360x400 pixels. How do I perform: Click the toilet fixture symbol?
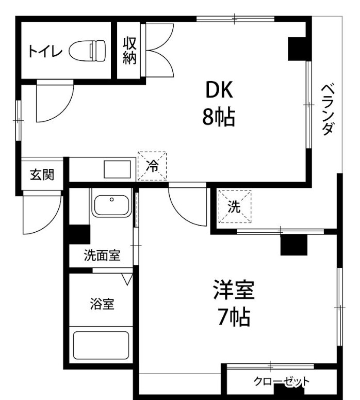coord(87,51)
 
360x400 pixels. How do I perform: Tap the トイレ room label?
coord(45,51)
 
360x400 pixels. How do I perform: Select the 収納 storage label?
coord(130,51)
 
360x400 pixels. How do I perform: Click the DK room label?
coord(219,89)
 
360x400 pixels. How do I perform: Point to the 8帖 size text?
coord(219,117)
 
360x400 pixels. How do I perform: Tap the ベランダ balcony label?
coord(328,109)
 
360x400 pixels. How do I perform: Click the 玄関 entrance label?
coord(42,175)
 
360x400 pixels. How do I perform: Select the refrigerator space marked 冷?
coord(152,166)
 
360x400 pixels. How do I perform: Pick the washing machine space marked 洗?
coord(235,206)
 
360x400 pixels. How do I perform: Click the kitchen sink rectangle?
coord(117,169)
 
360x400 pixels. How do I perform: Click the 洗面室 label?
coord(102,255)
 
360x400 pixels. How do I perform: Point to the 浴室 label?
coord(102,303)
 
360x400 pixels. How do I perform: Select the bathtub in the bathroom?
coord(101,345)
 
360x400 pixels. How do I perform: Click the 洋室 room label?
coord(234,290)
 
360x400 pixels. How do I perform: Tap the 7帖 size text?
coord(234,317)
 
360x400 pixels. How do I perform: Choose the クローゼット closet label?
coord(281,381)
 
